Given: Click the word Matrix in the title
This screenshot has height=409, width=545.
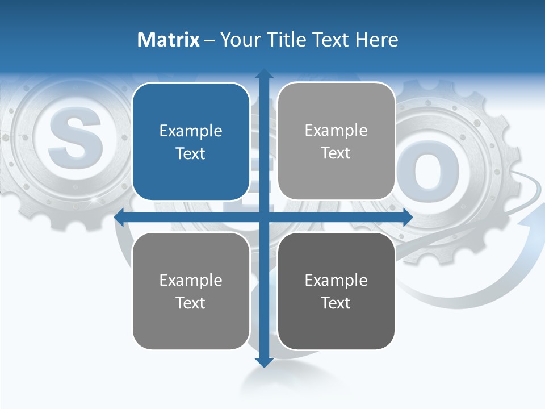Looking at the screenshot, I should tap(168, 40).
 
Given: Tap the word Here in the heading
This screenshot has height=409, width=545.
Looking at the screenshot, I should tap(376, 40).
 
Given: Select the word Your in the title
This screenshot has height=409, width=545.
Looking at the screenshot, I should tap(240, 40).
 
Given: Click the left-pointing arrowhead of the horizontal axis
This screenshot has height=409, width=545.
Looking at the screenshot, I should tap(120, 217).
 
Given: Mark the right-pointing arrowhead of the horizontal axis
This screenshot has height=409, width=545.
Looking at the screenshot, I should tap(407, 217).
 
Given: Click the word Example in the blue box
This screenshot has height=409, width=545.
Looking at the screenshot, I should tap(191, 131).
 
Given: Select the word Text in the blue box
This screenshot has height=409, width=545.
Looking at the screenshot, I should tap(191, 153).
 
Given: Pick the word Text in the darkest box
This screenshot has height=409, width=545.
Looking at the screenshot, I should tap(336, 303).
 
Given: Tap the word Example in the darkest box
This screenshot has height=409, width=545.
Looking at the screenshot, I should tap(336, 280).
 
